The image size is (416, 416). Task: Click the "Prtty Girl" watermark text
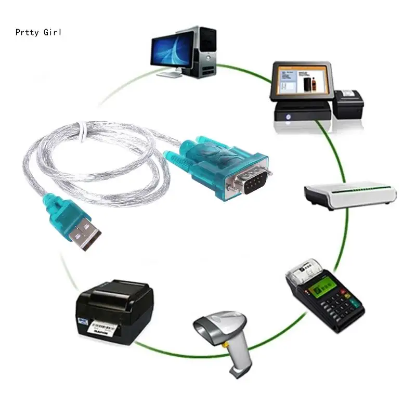click(38, 32)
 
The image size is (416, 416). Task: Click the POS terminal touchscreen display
click(301, 81)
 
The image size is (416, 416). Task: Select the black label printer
click(115, 309)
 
